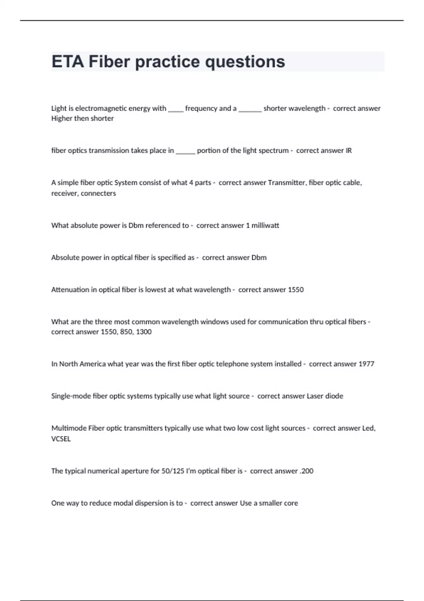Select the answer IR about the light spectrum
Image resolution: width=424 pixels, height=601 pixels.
tap(348, 151)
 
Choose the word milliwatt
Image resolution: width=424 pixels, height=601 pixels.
tap(265, 226)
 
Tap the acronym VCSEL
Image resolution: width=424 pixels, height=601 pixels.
tap(61, 439)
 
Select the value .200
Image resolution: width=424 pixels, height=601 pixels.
tap(306, 471)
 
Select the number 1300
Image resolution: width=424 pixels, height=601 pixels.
tap(144, 332)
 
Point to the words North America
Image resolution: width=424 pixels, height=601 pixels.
tap(82, 364)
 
